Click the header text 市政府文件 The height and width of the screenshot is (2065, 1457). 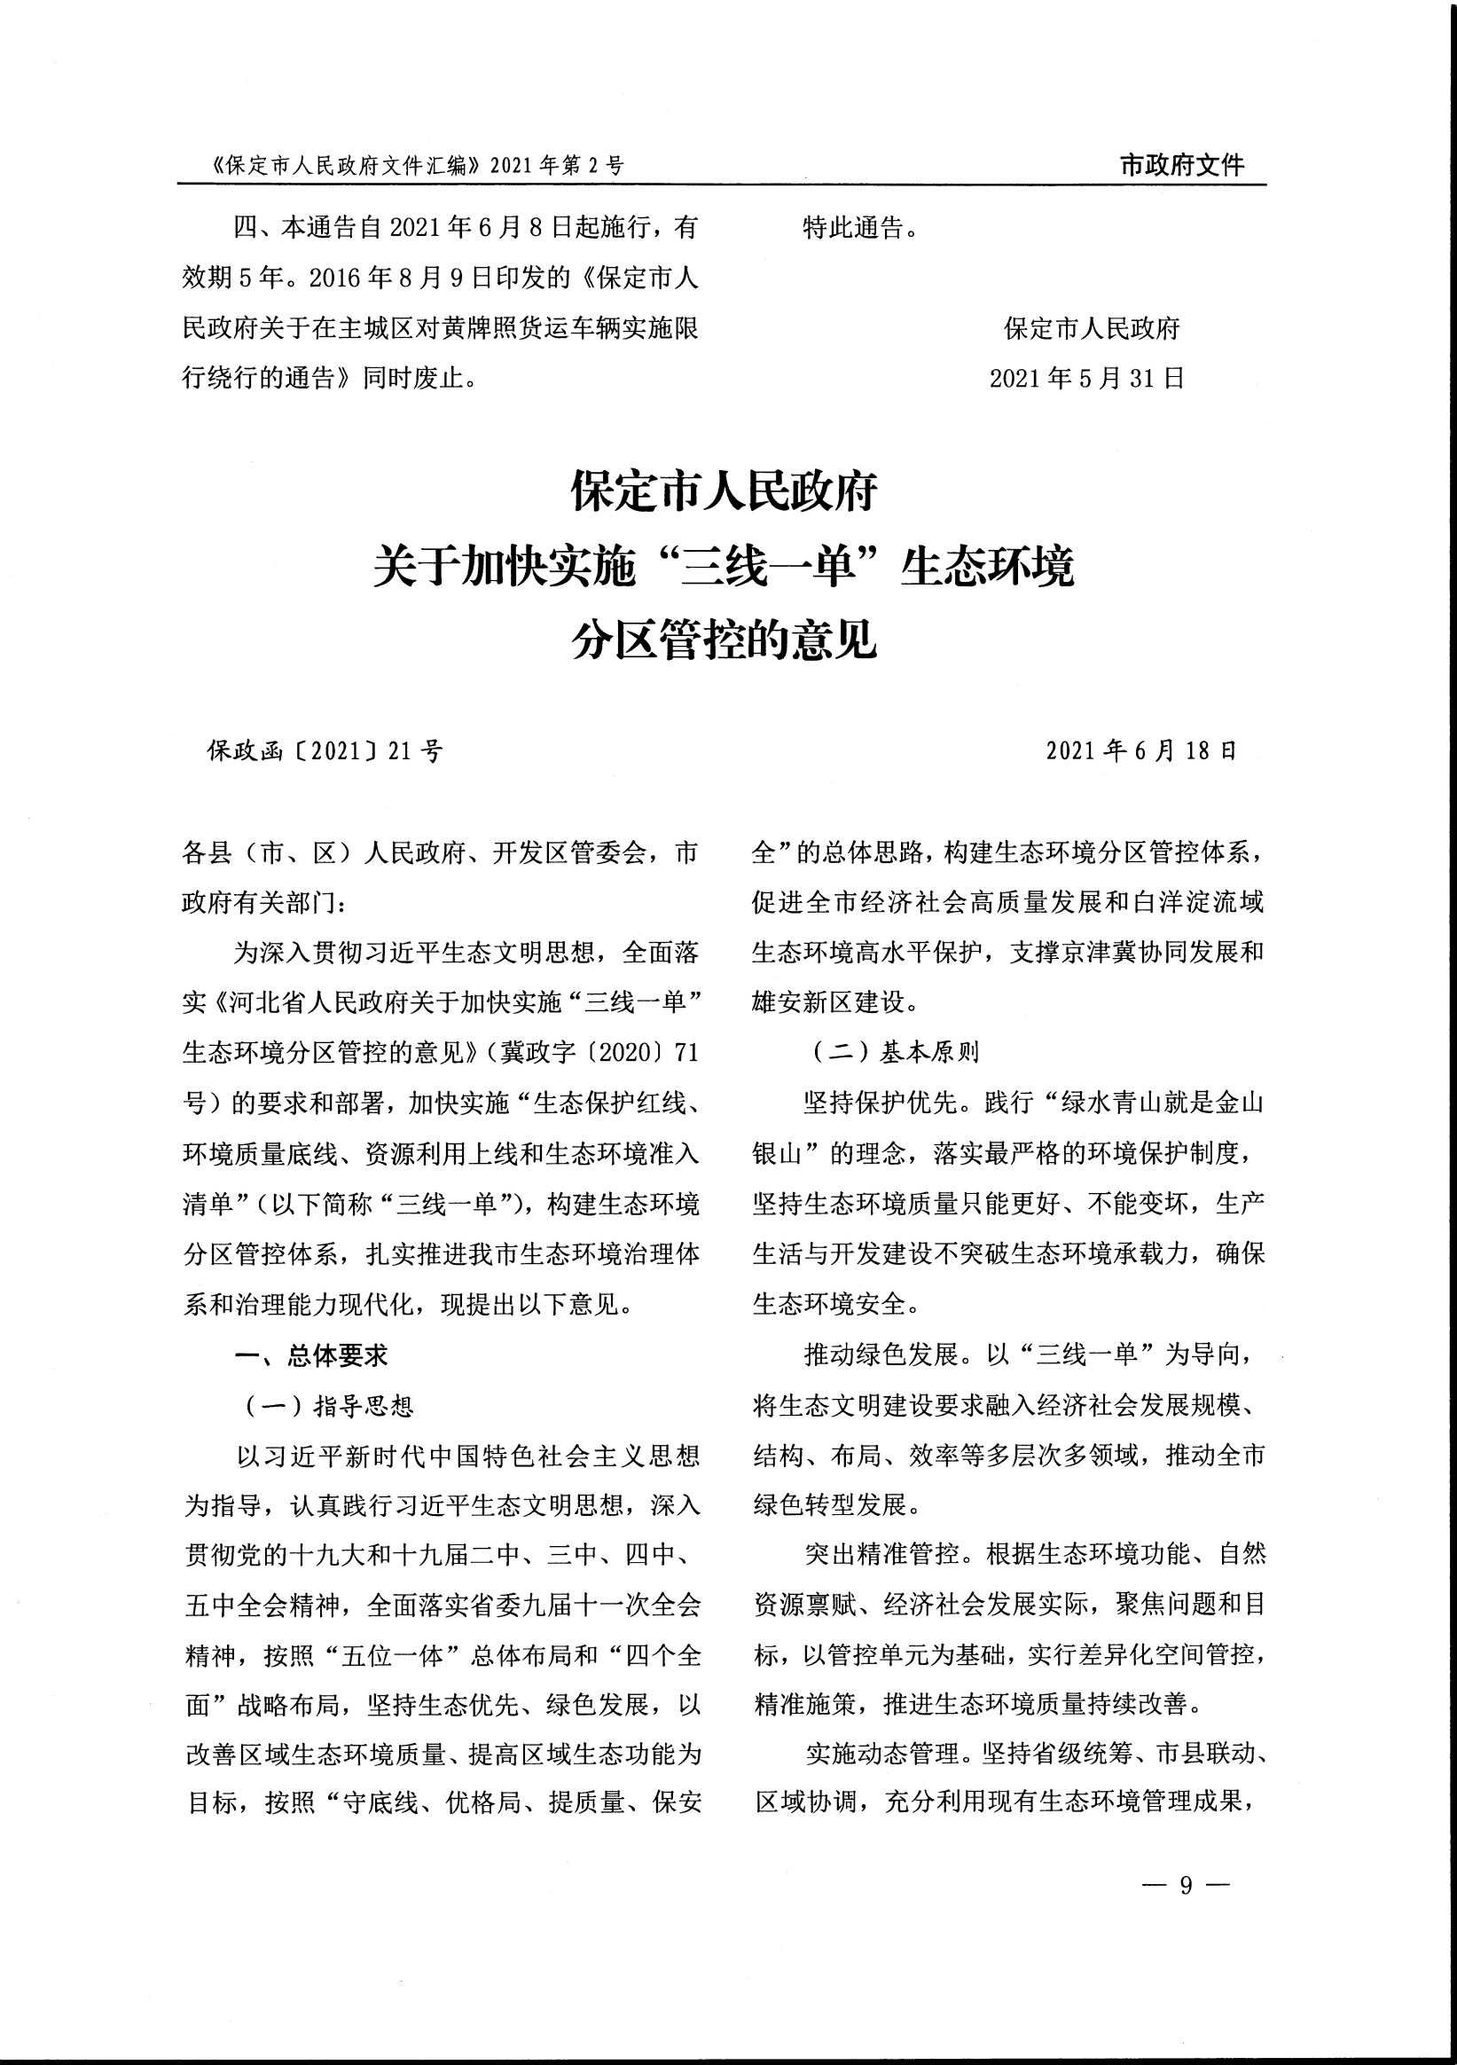(x=1182, y=166)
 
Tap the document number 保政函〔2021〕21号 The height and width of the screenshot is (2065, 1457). (x=325, y=751)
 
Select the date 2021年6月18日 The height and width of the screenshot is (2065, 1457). (x=1141, y=751)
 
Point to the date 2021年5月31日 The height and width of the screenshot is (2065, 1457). (x=1086, y=379)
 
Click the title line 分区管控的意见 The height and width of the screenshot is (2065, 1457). (x=724, y=642)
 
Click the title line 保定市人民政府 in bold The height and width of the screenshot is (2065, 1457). (x=724, y=493)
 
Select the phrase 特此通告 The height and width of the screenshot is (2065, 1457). (x=852, y=229)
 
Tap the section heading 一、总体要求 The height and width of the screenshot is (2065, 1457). (x=311, y=1356)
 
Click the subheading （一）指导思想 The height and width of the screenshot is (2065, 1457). (x=325, y=1406)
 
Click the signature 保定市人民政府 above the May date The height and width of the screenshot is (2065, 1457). (x=1091, y=329)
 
